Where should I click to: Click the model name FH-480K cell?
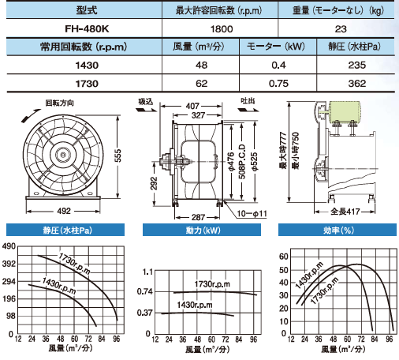pos(87,28)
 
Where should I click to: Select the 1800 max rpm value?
pos(222,28)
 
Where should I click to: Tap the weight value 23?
pos(341,28)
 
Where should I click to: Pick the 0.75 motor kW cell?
pos(278,84)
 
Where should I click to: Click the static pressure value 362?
pos(357,84)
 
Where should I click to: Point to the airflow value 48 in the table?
pos(201,65)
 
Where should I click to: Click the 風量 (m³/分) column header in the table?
pos(199,47)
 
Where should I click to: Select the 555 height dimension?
pos(118,156)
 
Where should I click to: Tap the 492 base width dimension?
pos(64,211)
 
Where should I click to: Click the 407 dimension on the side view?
pos(192,106)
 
